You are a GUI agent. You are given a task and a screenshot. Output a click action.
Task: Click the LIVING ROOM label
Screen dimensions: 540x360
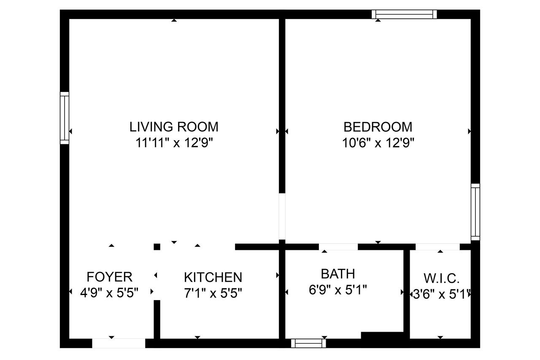pos(174,127)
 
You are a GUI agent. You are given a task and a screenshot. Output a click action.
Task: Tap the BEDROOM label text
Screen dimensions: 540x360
pos(378,127)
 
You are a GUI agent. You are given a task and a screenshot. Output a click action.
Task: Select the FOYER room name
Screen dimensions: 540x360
pos(109,277)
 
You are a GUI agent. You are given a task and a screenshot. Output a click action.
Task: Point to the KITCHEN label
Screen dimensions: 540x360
pos(213,277)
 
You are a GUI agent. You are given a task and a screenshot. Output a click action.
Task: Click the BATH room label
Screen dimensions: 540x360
pos(338,273)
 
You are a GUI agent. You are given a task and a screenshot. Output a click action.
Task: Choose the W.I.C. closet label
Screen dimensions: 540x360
pos(441,279)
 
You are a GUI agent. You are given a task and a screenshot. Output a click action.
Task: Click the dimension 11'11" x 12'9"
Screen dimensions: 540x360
pos(174,143)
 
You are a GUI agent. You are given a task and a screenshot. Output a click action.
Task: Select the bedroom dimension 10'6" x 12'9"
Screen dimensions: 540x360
pos(378,143)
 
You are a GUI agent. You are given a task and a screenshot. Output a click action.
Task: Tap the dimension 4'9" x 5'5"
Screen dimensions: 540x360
pos(109,293)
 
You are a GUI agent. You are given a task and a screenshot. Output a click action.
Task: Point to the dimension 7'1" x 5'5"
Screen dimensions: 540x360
pos(213,293)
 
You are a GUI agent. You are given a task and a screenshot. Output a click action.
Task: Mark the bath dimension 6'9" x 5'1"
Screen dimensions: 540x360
pos(338,290)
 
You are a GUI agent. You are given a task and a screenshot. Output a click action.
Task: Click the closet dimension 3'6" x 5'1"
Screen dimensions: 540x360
pos(442,295)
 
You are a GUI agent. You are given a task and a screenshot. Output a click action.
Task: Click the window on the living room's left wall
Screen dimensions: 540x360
pos(65,118)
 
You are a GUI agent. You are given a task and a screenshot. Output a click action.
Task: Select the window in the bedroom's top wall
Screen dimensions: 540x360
pos(404,14)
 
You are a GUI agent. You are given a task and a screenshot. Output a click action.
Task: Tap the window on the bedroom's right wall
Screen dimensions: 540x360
pos(475,212)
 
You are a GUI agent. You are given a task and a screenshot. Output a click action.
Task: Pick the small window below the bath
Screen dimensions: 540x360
pos(308,344)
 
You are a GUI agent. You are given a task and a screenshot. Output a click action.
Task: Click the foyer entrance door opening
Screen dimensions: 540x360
pos(119,344)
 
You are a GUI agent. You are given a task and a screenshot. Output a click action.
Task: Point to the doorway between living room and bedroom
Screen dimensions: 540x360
pos(282,216)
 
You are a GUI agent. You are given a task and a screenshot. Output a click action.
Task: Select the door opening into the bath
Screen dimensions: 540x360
pos(338,247)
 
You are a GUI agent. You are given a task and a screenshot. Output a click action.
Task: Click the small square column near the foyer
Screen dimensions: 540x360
pos(157,247)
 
